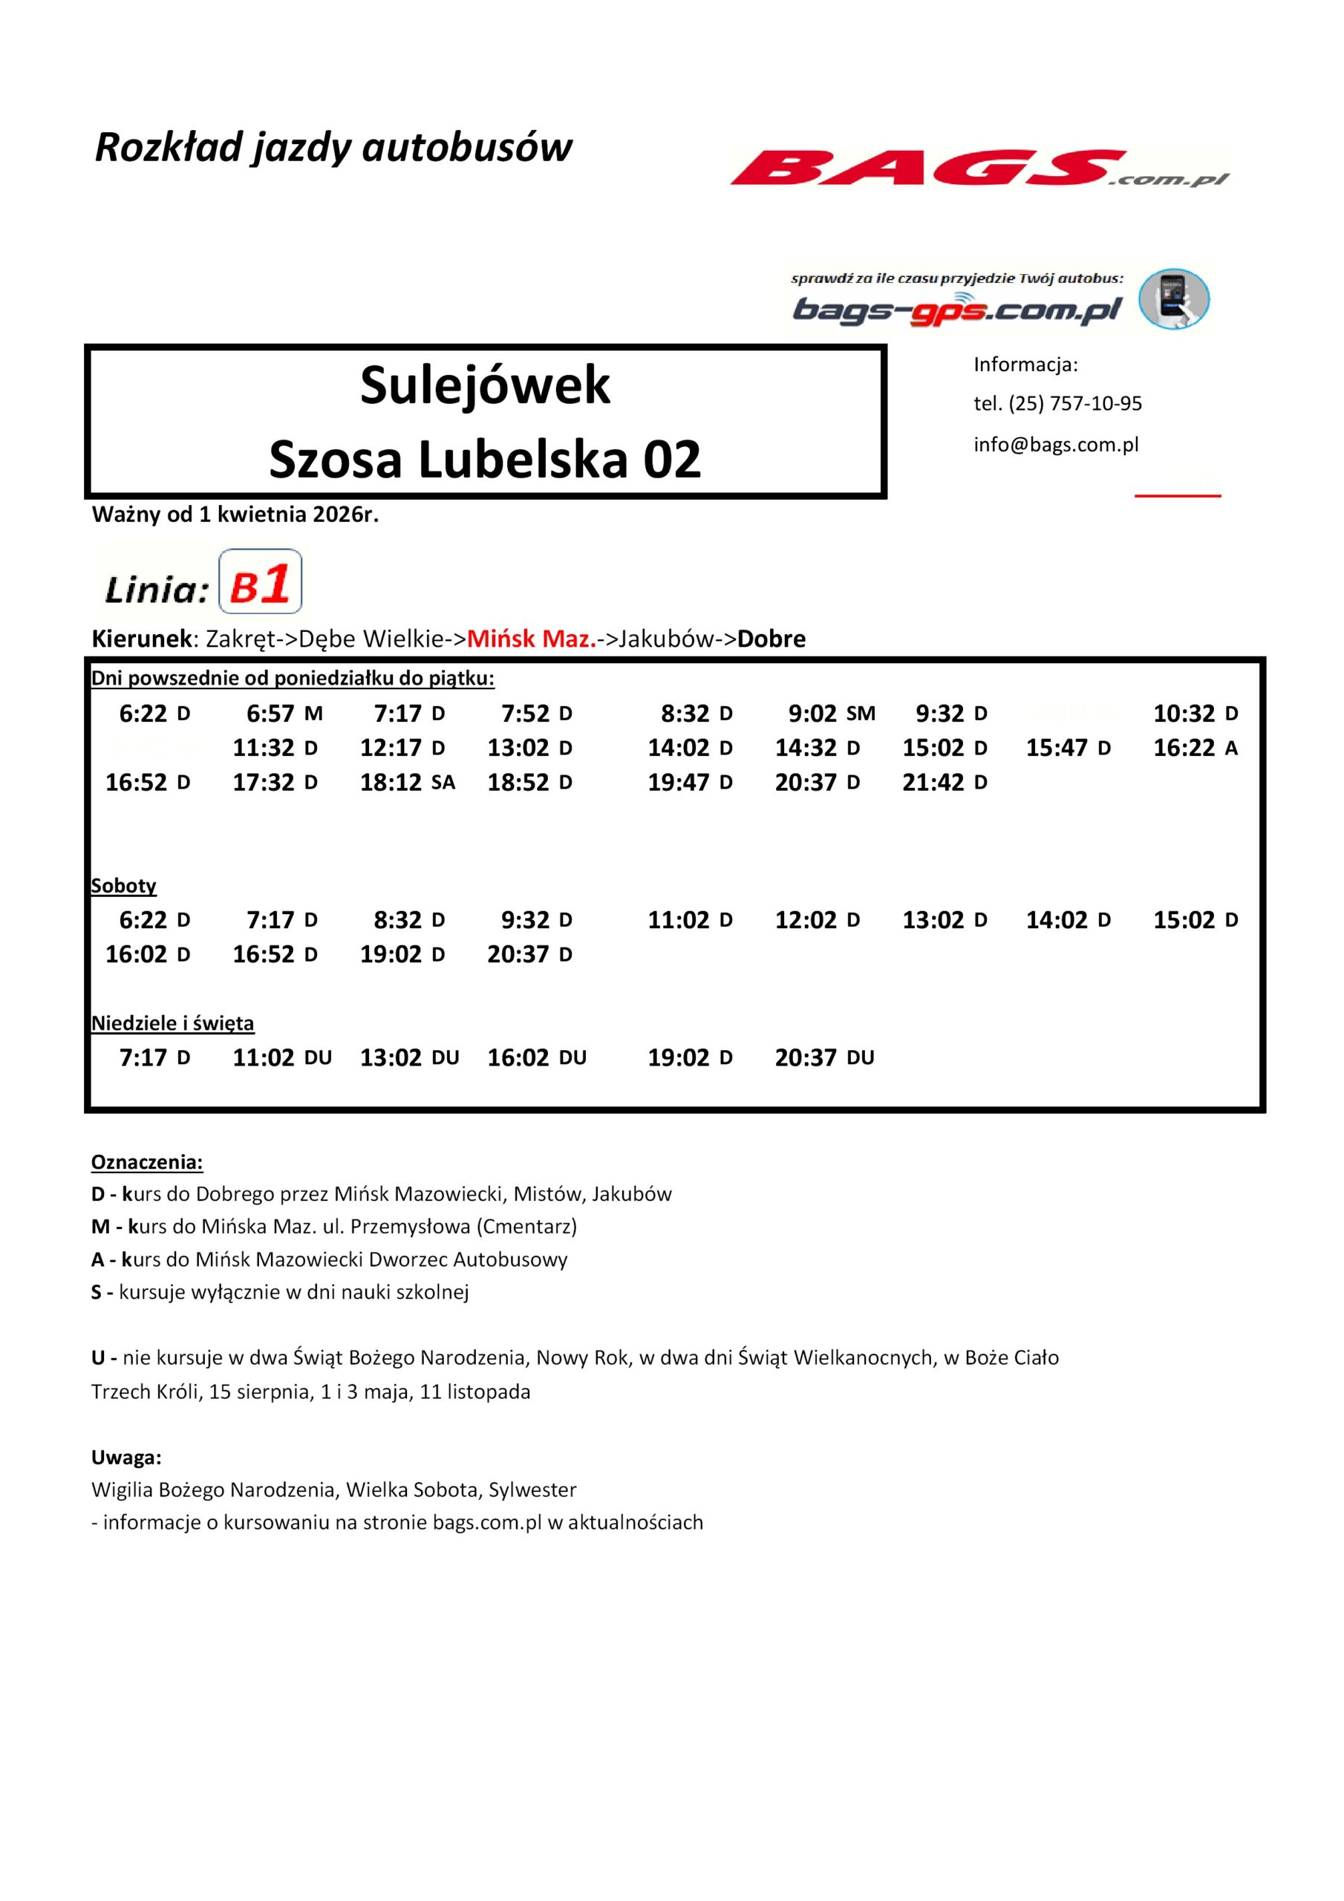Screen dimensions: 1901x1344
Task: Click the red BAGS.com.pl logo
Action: pos(977,168)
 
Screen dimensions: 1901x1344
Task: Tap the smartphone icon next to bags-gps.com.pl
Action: pos(1173,299)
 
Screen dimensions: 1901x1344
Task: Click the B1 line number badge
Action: pos(260,581)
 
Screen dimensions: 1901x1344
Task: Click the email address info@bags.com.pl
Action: pos(1056,445)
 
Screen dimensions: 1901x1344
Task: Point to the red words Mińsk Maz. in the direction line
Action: pos(531,639)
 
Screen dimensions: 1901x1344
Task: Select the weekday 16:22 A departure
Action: pos(1195,749)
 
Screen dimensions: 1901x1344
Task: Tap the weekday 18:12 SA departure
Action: pos(407,783)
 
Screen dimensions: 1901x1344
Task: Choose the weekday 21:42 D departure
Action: pos(944,783)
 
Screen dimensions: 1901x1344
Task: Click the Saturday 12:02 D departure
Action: pos(817,920)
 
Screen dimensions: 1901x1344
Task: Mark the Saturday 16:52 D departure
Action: pos(275,955)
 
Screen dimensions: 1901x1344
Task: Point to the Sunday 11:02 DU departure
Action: pos(281,1057)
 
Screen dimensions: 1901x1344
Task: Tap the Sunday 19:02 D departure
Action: pos(690,1057)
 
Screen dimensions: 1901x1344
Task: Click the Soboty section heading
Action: pos(123,886)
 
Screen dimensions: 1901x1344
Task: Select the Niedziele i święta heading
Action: pos(172,1023)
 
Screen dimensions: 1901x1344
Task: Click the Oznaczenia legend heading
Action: pos(146,1162)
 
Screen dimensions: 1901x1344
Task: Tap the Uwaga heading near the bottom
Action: pos(126,1457)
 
